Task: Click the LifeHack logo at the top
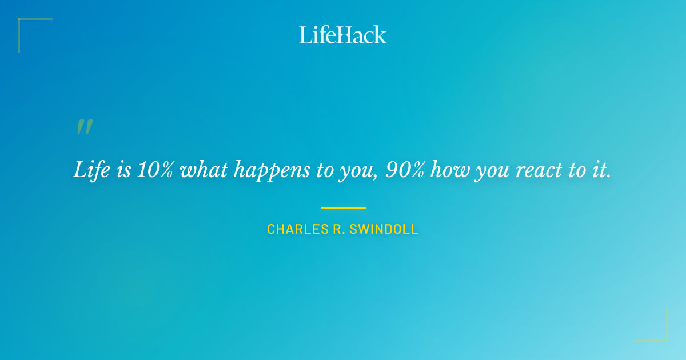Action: click(343, 35)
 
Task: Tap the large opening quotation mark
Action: click(85, 127)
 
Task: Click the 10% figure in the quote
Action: click(155, 170)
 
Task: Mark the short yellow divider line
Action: click(343, 207)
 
